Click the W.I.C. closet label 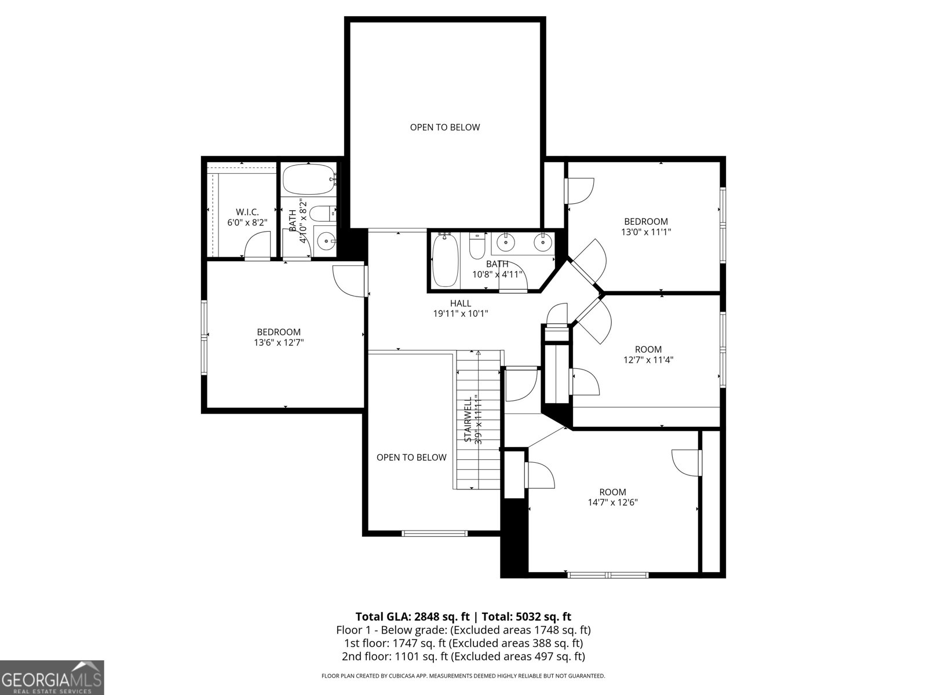point(247,212)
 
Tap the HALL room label point(461,303)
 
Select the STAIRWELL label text point(468,419)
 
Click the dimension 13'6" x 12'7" point(279,342)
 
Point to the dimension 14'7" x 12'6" point(612,503)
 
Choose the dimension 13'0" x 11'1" point(645,232)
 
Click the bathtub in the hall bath point(446,261)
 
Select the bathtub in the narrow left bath point(308,180)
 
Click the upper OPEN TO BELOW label point(445,127)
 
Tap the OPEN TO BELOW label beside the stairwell point(411,458)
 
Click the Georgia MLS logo point(52,677)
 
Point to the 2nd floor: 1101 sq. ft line point(463,656)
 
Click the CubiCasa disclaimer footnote point(463,676)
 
